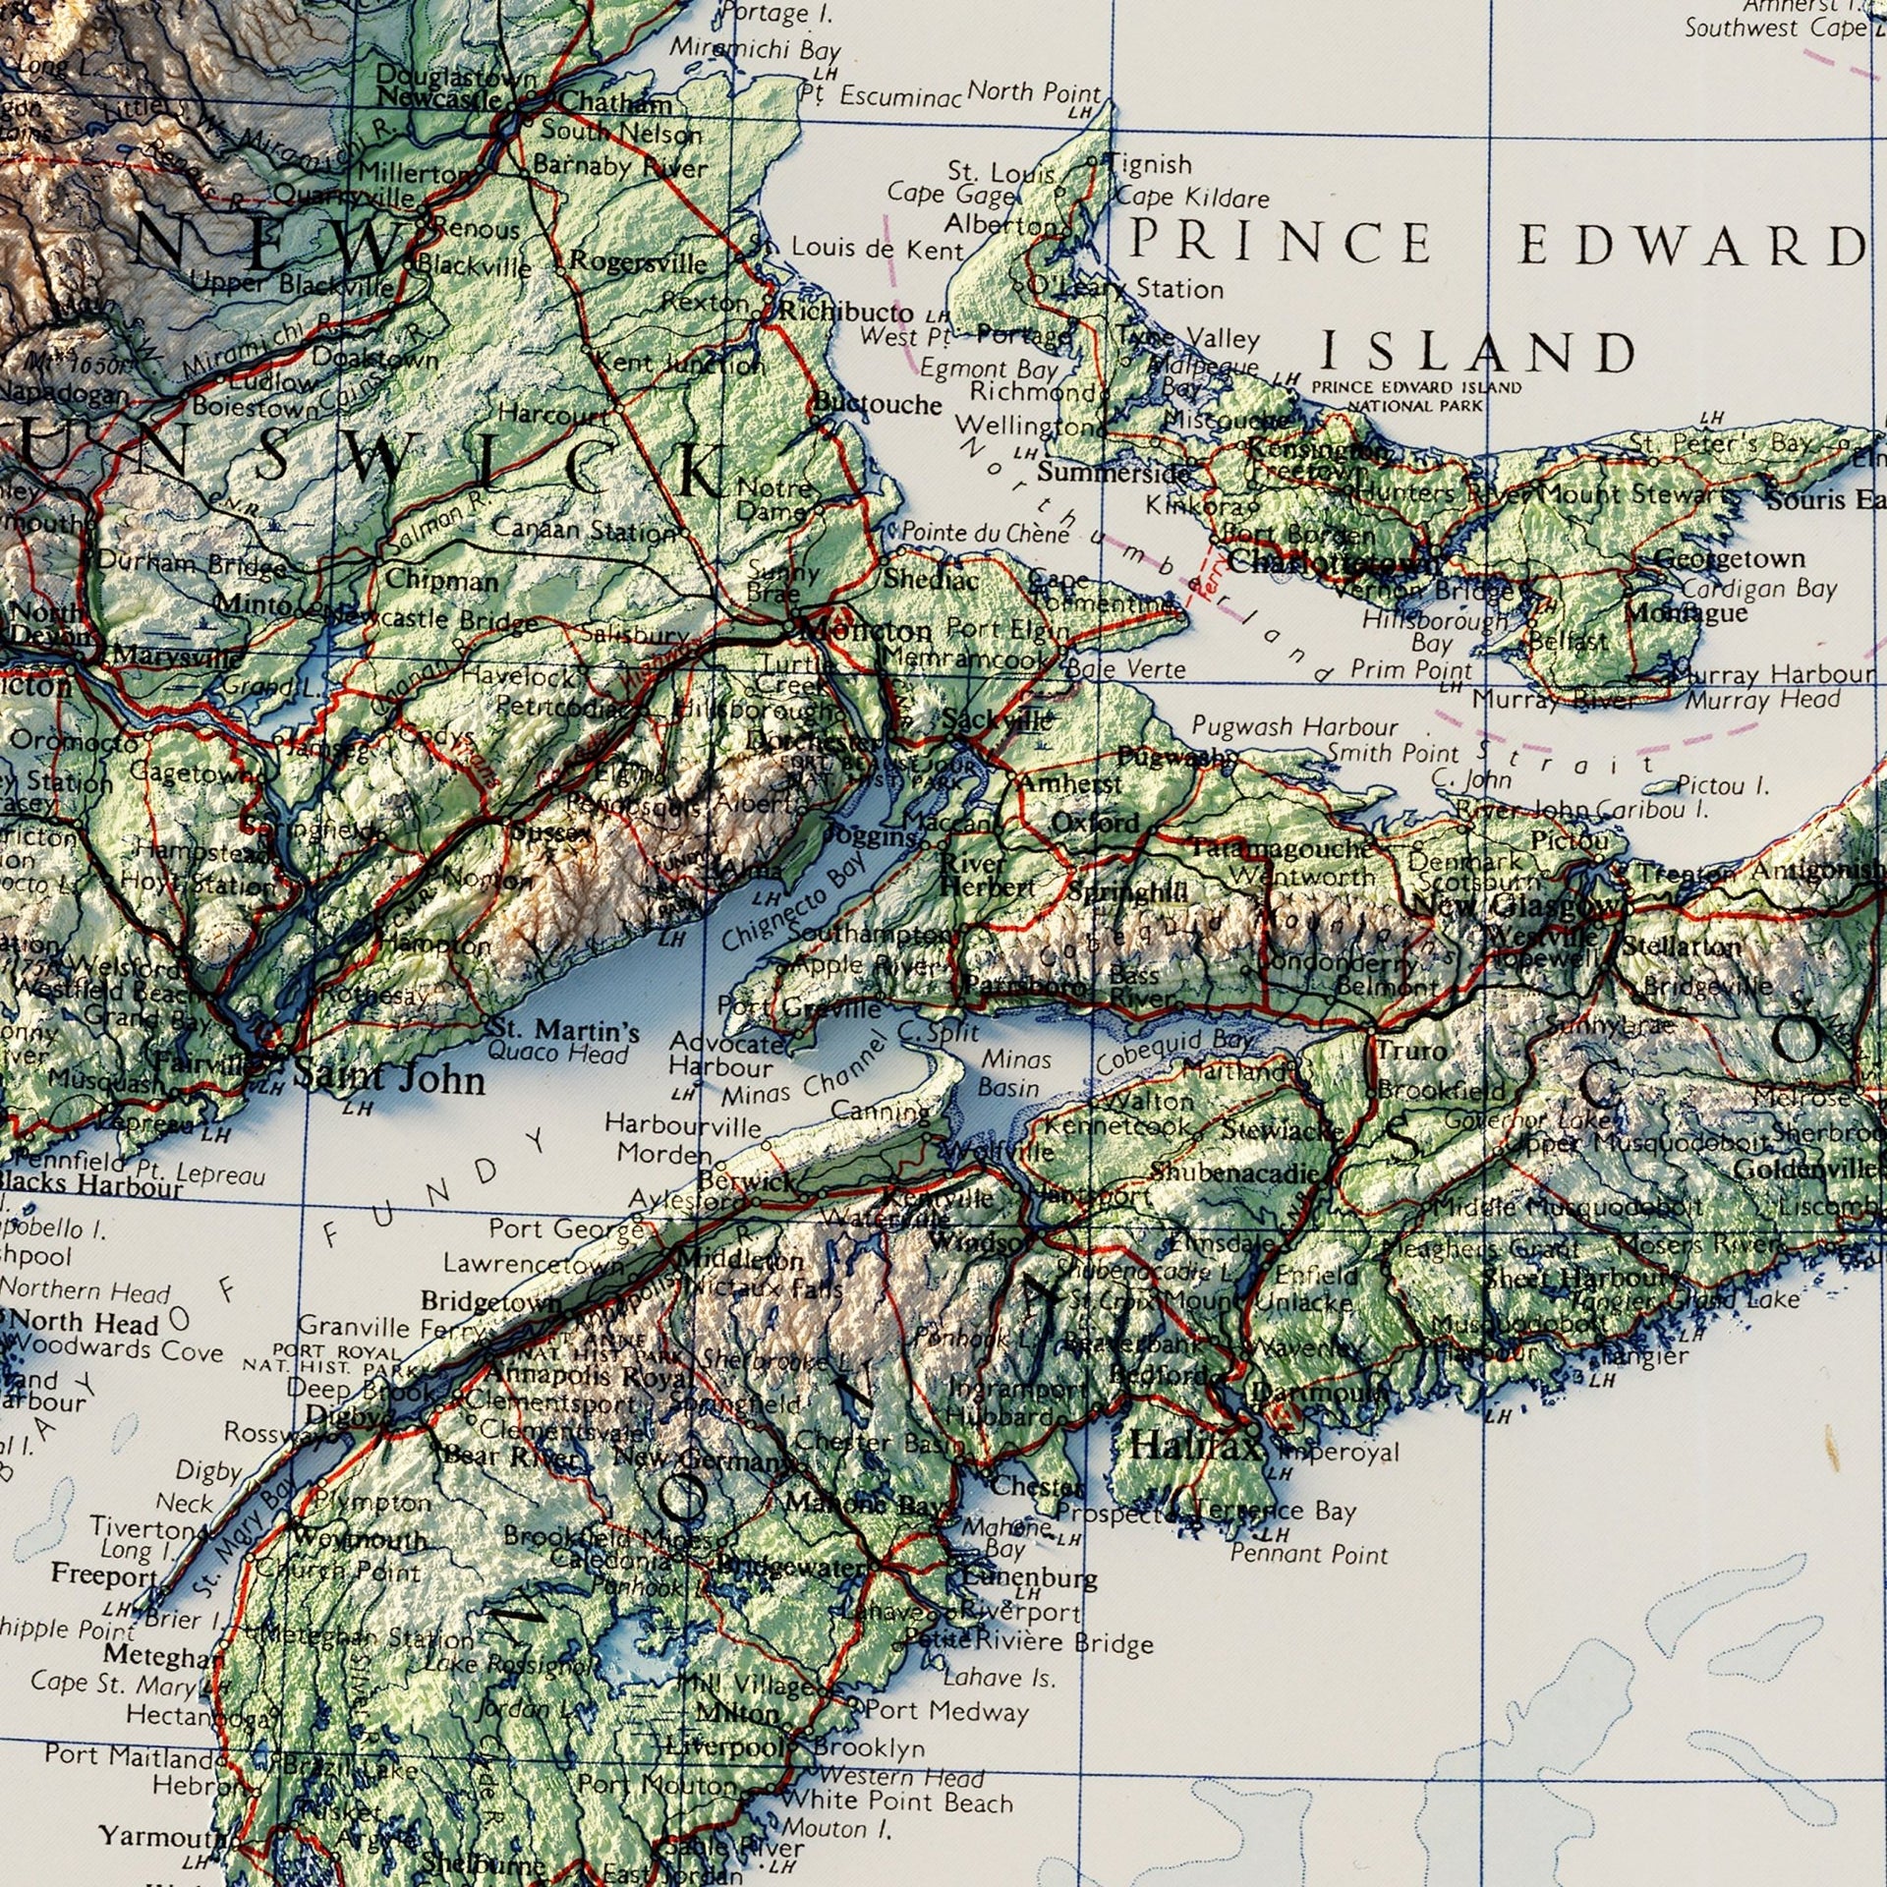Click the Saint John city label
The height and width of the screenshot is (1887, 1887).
pyautogui.click(x=389, y=1079)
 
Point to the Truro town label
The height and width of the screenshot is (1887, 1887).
pyautogui.click(x=1410, y=1050)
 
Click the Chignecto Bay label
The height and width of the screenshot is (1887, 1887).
pyautogui.click(x=796, y=901)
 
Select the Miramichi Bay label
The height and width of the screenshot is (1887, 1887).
pyautogui.click(x=756, y=48)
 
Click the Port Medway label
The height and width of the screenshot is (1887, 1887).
pyautogui.click(x=945, y=1711)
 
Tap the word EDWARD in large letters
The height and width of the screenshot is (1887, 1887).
pyautogui.click(x=1689, y=245)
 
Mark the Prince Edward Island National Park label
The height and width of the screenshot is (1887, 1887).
pyautogui.click(x=1416, y=395)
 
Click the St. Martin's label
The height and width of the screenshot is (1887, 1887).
pyautogui.click(x=563, y=1031)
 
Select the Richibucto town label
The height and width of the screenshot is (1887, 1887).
pyautogui.click(x=846, y=312)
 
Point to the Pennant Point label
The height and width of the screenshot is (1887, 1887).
pyautogui.click(x=1309, y=1554)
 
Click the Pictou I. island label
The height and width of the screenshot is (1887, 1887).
pyautogui.click(x=1723, y=784)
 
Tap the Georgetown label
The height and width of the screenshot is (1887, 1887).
pyautogui.click(x=1730, y=558)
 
